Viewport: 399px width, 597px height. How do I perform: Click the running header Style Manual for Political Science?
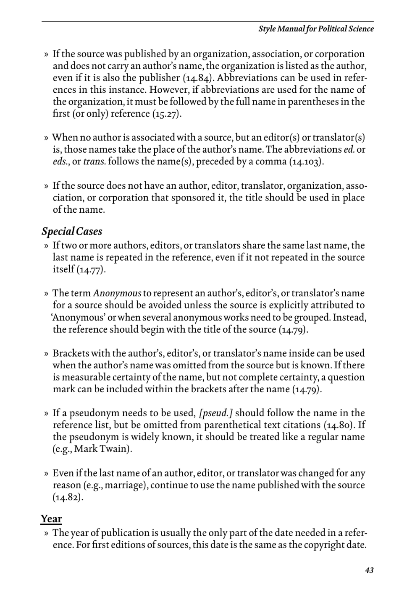coord(316,29)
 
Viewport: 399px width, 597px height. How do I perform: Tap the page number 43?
coord(369,570)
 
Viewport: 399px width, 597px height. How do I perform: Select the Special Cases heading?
coord(71,231)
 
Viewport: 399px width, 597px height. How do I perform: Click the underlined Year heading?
coord(51,519)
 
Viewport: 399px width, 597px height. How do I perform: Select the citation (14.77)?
coord(91,269)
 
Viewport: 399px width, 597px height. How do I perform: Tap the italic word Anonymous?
coord(117,293)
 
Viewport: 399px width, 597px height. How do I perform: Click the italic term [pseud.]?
coord(216,413)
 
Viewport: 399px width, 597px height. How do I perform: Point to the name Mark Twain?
coord(108,449)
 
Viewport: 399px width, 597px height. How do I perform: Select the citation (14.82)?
coord(68,498)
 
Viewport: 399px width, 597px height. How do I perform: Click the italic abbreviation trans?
coord(94,162)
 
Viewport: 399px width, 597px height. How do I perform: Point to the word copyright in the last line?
coord(321,545)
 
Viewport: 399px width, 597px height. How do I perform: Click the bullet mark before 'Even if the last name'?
coord(46,474)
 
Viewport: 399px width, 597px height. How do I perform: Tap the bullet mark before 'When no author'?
coord(46,138)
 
